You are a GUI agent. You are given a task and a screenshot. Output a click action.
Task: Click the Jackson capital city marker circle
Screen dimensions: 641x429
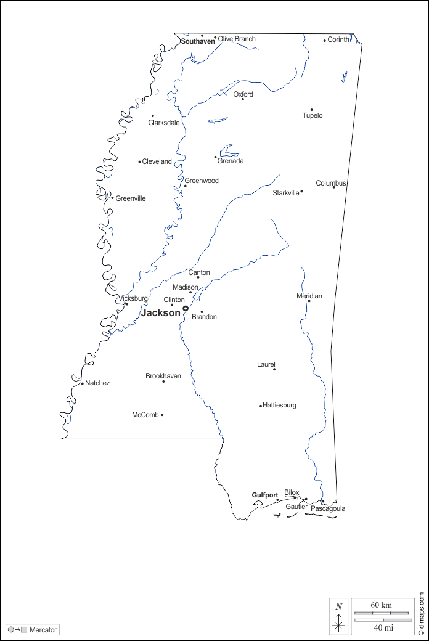[185, 308]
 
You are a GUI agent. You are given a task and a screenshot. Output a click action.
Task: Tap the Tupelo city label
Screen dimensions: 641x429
[312, 116]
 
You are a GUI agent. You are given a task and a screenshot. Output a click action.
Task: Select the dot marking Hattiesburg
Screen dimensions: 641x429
[261, 406]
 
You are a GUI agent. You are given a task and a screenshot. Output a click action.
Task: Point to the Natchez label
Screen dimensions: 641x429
[97, 383]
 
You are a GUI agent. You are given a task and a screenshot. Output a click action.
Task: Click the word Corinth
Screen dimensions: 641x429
[338, 39]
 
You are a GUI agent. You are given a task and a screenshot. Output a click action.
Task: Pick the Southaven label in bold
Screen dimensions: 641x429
[198, 41]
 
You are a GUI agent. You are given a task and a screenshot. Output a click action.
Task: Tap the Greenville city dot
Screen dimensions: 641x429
[112, 198]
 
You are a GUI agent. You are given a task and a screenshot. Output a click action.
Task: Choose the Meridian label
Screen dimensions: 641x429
[309, 296]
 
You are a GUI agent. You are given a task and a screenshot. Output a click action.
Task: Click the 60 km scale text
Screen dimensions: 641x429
[381, 605]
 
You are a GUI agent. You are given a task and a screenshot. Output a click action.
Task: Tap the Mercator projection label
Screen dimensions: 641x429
[43, 630]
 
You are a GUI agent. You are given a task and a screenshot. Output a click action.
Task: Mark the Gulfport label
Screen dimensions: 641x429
[264, 495]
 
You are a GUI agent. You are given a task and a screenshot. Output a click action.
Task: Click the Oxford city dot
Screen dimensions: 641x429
[242, 99]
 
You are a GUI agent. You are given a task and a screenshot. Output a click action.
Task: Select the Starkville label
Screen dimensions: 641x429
[285, 193]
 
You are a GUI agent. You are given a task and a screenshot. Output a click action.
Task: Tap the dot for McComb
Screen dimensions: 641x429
[162, 415]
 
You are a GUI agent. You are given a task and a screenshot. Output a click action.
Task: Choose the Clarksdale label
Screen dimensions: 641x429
[164, 123]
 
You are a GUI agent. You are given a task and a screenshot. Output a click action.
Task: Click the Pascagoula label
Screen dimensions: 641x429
[328, 508]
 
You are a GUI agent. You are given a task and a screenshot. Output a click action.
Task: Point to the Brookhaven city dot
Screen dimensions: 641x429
[163, 382]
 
